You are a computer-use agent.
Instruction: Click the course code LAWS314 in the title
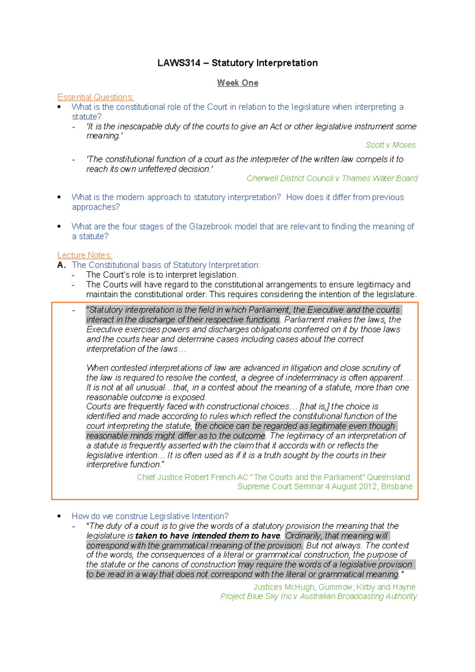coord(179,63)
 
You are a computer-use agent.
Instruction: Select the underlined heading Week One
coord(237,83)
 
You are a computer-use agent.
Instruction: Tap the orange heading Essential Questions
coord(95,97)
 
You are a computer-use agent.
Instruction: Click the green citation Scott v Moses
coord(390,145)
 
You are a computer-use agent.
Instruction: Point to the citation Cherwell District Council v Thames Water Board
coord(332,178)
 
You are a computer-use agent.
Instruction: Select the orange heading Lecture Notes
coord(85,255)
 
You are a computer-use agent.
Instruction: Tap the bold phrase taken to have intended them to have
coord(208,535)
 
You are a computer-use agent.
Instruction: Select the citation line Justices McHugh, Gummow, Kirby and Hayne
coord(334,587)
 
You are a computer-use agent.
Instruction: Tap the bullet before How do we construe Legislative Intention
coord(59,516)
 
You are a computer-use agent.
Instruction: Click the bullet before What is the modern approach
coord(59,197)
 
